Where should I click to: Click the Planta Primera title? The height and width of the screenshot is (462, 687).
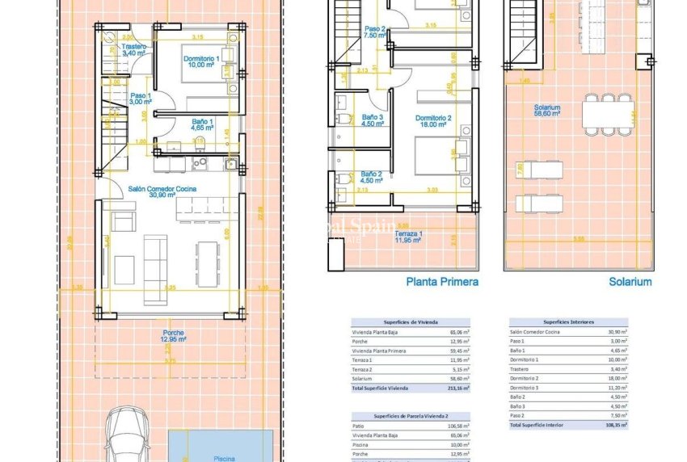pos(441,282)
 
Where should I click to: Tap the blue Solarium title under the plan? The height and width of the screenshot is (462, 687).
pos(630,282)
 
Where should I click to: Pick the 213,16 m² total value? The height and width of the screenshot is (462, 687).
pos(459,388)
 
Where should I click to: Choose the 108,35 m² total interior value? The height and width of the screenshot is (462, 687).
pos(617,424)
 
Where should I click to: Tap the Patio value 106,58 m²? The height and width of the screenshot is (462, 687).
pos(458,425)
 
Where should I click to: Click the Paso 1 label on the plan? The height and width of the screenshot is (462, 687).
pos(141,99)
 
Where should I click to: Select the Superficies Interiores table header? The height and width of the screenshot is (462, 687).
pos(568,322)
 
